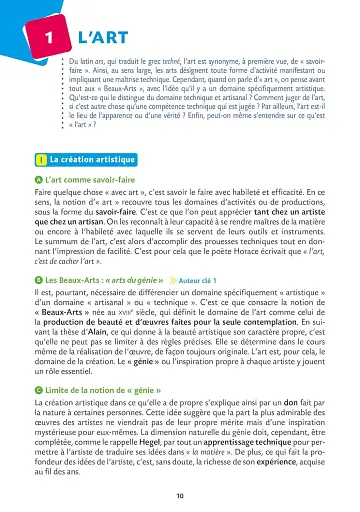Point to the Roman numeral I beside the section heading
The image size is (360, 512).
click(x=38, y=160)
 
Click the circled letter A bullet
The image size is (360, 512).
click(x=38, y=178)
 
